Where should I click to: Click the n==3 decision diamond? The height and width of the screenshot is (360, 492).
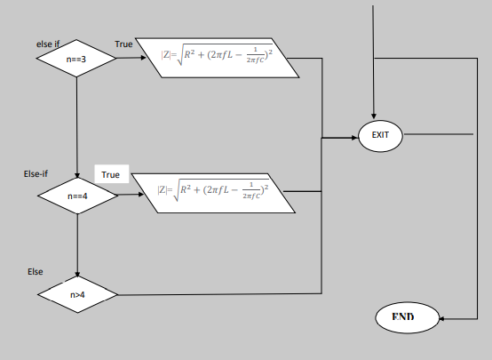pos(77,59)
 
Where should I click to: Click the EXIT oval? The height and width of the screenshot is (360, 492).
pos(380,137)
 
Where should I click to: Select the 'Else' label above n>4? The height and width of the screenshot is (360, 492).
pos(36,270)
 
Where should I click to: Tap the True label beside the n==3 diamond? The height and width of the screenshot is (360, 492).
pos(124,44)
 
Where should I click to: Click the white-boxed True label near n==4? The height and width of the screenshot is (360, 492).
pos(110,175)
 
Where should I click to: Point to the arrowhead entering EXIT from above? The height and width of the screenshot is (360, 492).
pos(374,115)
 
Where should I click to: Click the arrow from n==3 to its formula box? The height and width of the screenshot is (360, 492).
pos(133,59)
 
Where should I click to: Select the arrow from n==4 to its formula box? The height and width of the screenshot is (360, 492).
pos(133,193)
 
